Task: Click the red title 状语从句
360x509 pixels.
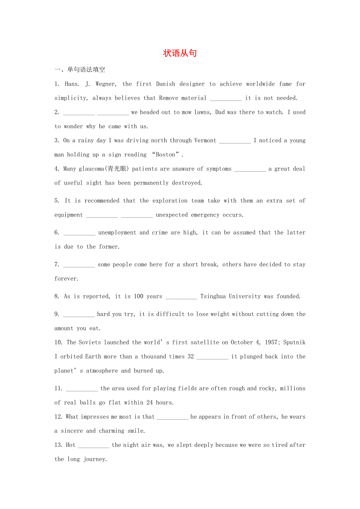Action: coord(180,54)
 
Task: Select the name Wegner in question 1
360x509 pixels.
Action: coord(106,84)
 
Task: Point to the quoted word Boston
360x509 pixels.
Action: coord(166,155)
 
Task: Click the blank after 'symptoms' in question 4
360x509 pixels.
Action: coord(250,169)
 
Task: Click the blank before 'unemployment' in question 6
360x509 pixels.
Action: coord(79,233)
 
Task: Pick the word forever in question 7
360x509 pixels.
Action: coord(67,279)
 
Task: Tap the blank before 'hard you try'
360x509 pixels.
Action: coord(79,315)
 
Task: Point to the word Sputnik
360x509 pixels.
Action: coord(295,342)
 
